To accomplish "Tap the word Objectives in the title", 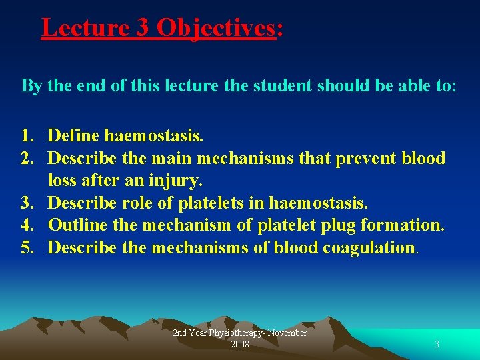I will click(x=215, y=28).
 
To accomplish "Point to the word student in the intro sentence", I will click(x=282, y=87).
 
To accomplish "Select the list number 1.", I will click(x=27, y=137).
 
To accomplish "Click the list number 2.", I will click(x=27, y=159).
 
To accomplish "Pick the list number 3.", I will click(x=27, y=203).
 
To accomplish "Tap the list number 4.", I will click(x=27, y=225).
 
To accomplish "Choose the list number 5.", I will click(x=27, y=247).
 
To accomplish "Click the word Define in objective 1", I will click(x=73, y=137).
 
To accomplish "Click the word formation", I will click(x=402, y=225).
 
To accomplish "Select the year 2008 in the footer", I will click(x=240, y=345).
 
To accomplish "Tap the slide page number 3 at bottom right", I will click(x=437, y=345).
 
